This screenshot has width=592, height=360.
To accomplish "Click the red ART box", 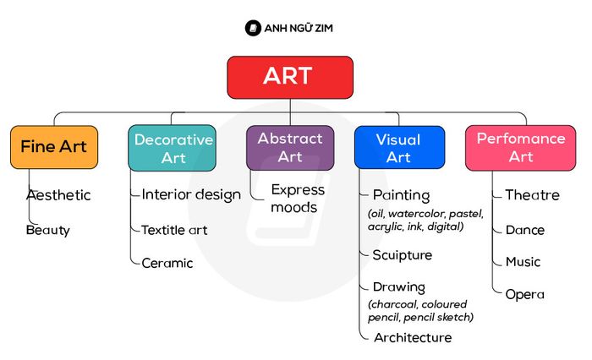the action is (290, 78).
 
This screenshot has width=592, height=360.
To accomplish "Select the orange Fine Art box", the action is (54, 147).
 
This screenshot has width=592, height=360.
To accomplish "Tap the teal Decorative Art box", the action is (173, 148).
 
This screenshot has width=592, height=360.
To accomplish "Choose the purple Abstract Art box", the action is (290, 148).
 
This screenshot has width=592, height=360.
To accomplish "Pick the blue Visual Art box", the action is (399, 147).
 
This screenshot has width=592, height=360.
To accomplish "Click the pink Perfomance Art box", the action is (521, 148).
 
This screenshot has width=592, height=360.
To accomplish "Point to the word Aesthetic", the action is (58, 195).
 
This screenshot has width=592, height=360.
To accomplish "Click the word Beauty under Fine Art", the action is (48, 230).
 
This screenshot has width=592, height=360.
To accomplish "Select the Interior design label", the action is (191, 194).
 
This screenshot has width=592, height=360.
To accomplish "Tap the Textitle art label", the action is (174, 230).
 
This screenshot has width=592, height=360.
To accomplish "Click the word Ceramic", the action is (167, 263).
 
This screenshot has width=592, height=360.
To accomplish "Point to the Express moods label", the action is (298, 199).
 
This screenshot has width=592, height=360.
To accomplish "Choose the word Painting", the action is (402, 195).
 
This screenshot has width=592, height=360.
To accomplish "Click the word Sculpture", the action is (402, 255).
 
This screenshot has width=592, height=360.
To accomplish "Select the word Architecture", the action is (413, 337).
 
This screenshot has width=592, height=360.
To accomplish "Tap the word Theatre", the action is (532, 194).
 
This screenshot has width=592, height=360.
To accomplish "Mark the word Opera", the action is (525, 295).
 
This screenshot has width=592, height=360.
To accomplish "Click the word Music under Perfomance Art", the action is (523, 261).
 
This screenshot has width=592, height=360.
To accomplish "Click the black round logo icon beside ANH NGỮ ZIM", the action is (253, 28).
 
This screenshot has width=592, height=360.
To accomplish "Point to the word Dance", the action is (525, 230).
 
